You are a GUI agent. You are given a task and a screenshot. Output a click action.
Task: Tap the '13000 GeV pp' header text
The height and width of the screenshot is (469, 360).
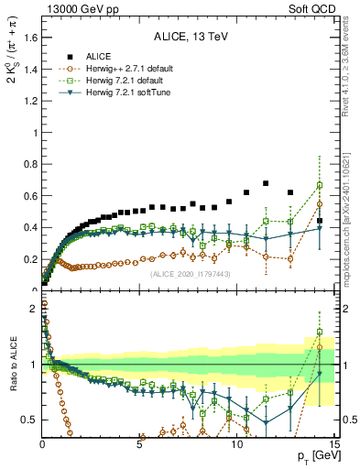72,7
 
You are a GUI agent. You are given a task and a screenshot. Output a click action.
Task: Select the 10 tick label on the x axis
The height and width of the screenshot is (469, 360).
236,444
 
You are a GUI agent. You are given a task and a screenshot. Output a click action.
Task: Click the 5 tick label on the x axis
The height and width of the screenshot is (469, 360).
139,444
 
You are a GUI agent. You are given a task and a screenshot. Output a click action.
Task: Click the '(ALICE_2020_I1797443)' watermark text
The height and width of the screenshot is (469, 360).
189,273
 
